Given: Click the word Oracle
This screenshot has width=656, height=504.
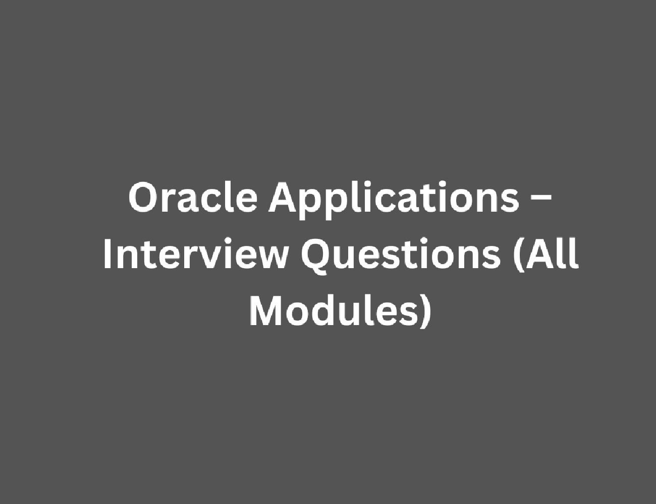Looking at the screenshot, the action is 193,197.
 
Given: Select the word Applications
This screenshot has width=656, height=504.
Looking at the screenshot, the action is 394,201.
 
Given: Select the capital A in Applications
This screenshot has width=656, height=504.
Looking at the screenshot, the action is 284,198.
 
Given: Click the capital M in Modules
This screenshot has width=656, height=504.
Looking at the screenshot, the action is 267,310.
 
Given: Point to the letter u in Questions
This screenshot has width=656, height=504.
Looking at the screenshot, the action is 346,258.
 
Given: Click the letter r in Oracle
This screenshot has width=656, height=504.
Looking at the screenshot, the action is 171,201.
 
